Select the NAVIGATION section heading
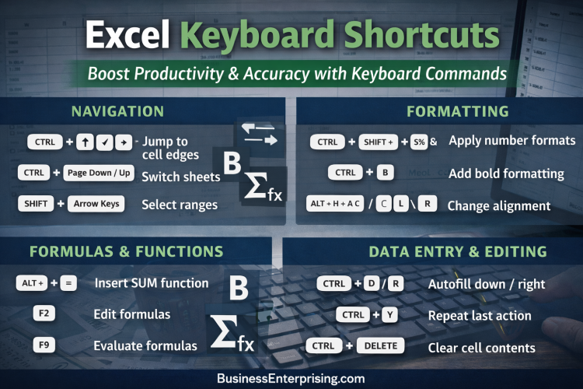pyautogui.click(x=117, y=111)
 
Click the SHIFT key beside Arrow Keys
pyautogui.click(x=36, y=204)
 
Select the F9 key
pyautogui.click(x=44, y=344)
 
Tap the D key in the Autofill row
pyautogui.click(x=371, y=284)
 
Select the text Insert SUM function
pyautogui.click(x=151, y=283)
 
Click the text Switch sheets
pyautogui.click(x=180, y=177)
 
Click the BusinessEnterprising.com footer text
pyautogui.click(x=291, y=377)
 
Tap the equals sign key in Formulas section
pyautogui.click(x=68, y=284)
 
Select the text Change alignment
pyautogui.click(x=499, y=206)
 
